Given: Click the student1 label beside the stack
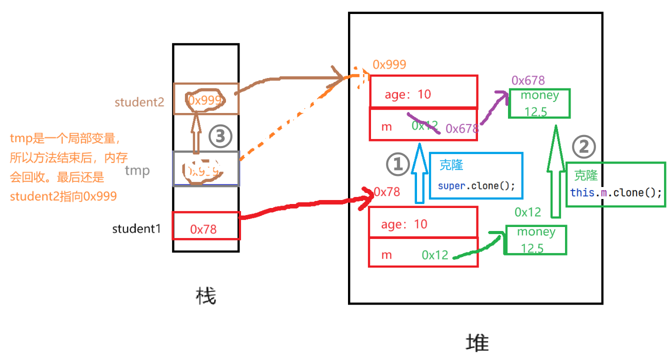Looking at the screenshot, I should tap(136, 229).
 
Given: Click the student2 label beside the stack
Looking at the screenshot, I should tap(139, 102).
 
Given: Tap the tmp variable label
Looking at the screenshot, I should tap(137, 171).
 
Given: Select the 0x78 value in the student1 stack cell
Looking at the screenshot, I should tap(203, 229).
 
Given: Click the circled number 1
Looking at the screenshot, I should tap(398, 164).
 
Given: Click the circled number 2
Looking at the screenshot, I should tap(583, 146).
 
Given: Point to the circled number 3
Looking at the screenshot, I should tap(220, 136).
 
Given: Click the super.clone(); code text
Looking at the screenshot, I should tap(476, 185).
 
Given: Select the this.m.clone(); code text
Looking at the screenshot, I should tap(616, 192).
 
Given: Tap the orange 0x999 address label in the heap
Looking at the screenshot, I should tap(389, 64).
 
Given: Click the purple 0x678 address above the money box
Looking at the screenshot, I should tap(528, 80).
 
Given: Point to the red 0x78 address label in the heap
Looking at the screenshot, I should tap(387, 192).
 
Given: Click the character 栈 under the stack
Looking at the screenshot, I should tap(205, 296).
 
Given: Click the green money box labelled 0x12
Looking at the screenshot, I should tap(536, 240).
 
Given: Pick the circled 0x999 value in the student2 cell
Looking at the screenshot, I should tap(204, 100).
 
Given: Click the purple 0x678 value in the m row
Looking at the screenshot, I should tap(461, 128).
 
